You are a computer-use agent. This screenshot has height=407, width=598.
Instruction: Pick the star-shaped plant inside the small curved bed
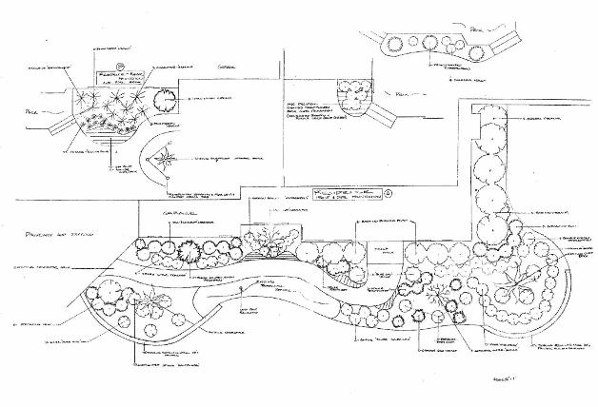pos(164,158)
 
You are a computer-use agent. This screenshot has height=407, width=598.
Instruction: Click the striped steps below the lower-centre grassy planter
pos(270,254)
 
